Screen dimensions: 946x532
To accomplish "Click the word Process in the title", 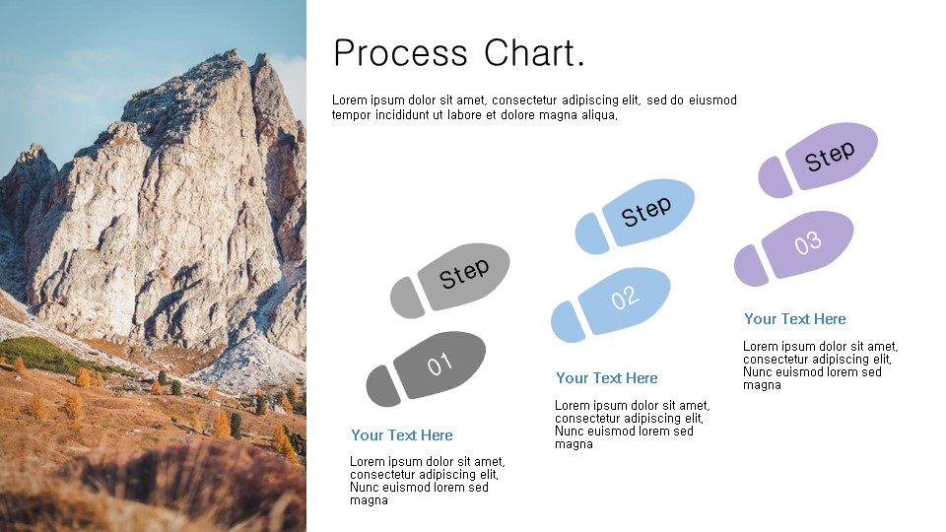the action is (x=401, y=53).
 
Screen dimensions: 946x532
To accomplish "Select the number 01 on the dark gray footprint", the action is (x=439, y=364).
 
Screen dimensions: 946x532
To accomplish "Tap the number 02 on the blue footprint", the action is (x=624, y=298).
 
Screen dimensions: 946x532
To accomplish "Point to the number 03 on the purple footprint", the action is (x=807, y=242).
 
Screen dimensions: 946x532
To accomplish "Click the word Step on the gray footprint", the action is (x=464, y=273).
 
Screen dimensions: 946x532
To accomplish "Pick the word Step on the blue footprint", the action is (x=646, y=211).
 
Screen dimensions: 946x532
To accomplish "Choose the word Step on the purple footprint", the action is (x=830, y=156).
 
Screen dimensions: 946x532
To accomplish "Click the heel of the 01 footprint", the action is (x=382, y=385).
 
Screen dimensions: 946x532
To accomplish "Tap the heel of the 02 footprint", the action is (x=568, y=321).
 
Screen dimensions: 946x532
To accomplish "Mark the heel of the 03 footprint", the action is (x=751, y=265).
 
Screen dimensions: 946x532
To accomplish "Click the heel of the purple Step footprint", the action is (x=775, y=176).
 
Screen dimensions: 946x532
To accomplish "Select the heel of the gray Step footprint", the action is (x=407, y=298).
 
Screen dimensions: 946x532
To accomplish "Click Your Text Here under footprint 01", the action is (x=402, y=434).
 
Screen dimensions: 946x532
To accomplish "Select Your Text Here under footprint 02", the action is (x=607, y=378).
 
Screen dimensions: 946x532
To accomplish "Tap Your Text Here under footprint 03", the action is (x=795, y=319).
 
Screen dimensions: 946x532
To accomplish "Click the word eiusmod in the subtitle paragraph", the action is (x=713, y=100).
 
